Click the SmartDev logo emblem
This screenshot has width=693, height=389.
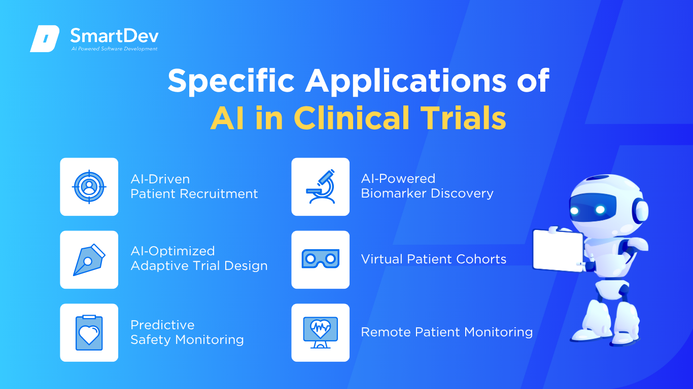45,38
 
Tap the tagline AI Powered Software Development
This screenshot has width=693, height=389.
115,49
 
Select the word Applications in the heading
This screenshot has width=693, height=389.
405,82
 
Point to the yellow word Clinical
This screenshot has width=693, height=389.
352,118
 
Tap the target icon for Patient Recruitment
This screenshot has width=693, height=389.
89,187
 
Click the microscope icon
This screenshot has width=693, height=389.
321,186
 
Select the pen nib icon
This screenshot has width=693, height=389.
89,260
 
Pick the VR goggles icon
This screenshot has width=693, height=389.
321,259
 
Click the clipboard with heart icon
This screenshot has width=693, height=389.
89,333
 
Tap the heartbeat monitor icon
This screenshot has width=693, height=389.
321,332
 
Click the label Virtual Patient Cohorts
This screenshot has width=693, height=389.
433,259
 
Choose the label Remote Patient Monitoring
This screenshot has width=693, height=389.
447,332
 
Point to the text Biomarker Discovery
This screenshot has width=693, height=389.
427,193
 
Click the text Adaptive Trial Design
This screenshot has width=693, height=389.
199,266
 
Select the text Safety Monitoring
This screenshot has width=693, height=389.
187,340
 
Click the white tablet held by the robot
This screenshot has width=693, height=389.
558,251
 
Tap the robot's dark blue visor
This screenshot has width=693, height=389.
593,210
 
